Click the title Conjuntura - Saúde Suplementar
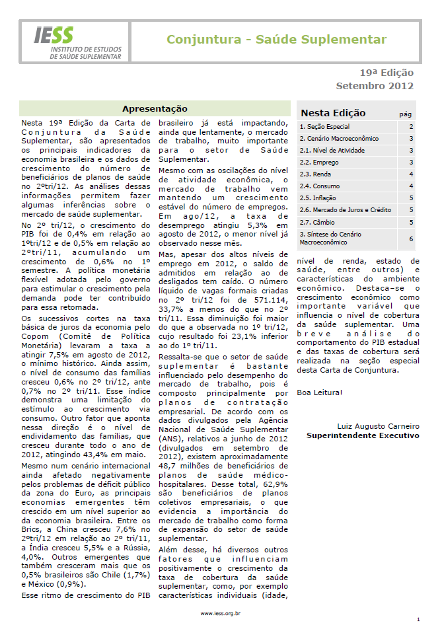tap(276, 40)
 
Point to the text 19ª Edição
tap(387, 73)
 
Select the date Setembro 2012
tap(375, 86)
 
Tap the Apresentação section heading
tap(155, 109)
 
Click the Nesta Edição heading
tap(333, 113)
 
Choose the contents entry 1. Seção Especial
tap(324, 127)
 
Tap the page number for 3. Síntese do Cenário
tap(411, 239)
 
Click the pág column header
tap(406, 114)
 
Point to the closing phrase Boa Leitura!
tap(320, 393)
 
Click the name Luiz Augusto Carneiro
tap(378, 425)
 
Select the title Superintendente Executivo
tap(363, 435)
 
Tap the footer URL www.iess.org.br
tap(221, 614)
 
